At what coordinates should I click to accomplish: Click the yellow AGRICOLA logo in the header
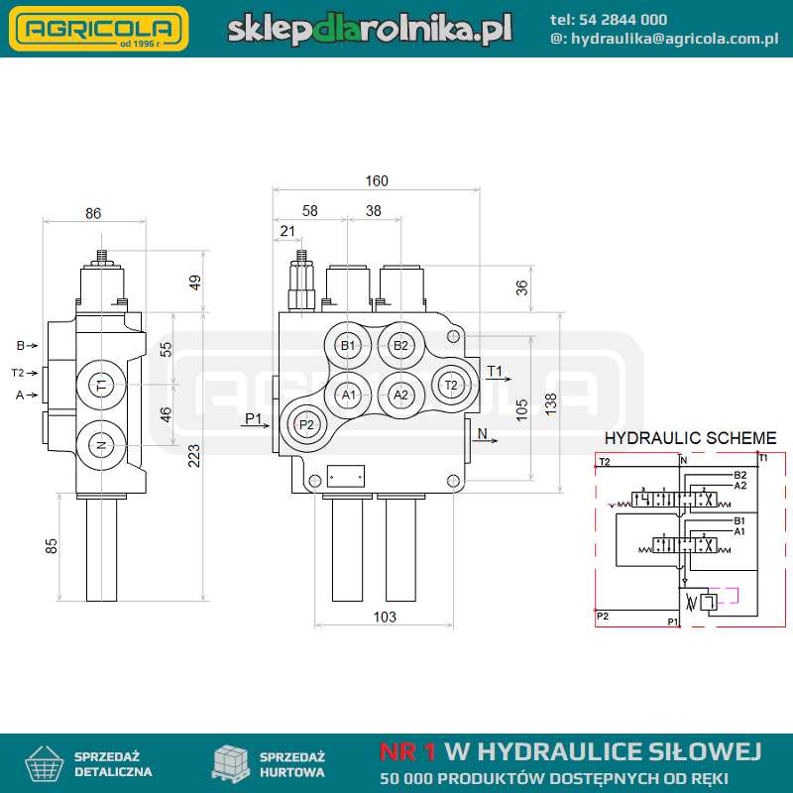coord(99,29)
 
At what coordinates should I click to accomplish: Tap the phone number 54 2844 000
coord(623,20)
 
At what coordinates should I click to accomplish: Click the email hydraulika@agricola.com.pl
coord(675,39)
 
